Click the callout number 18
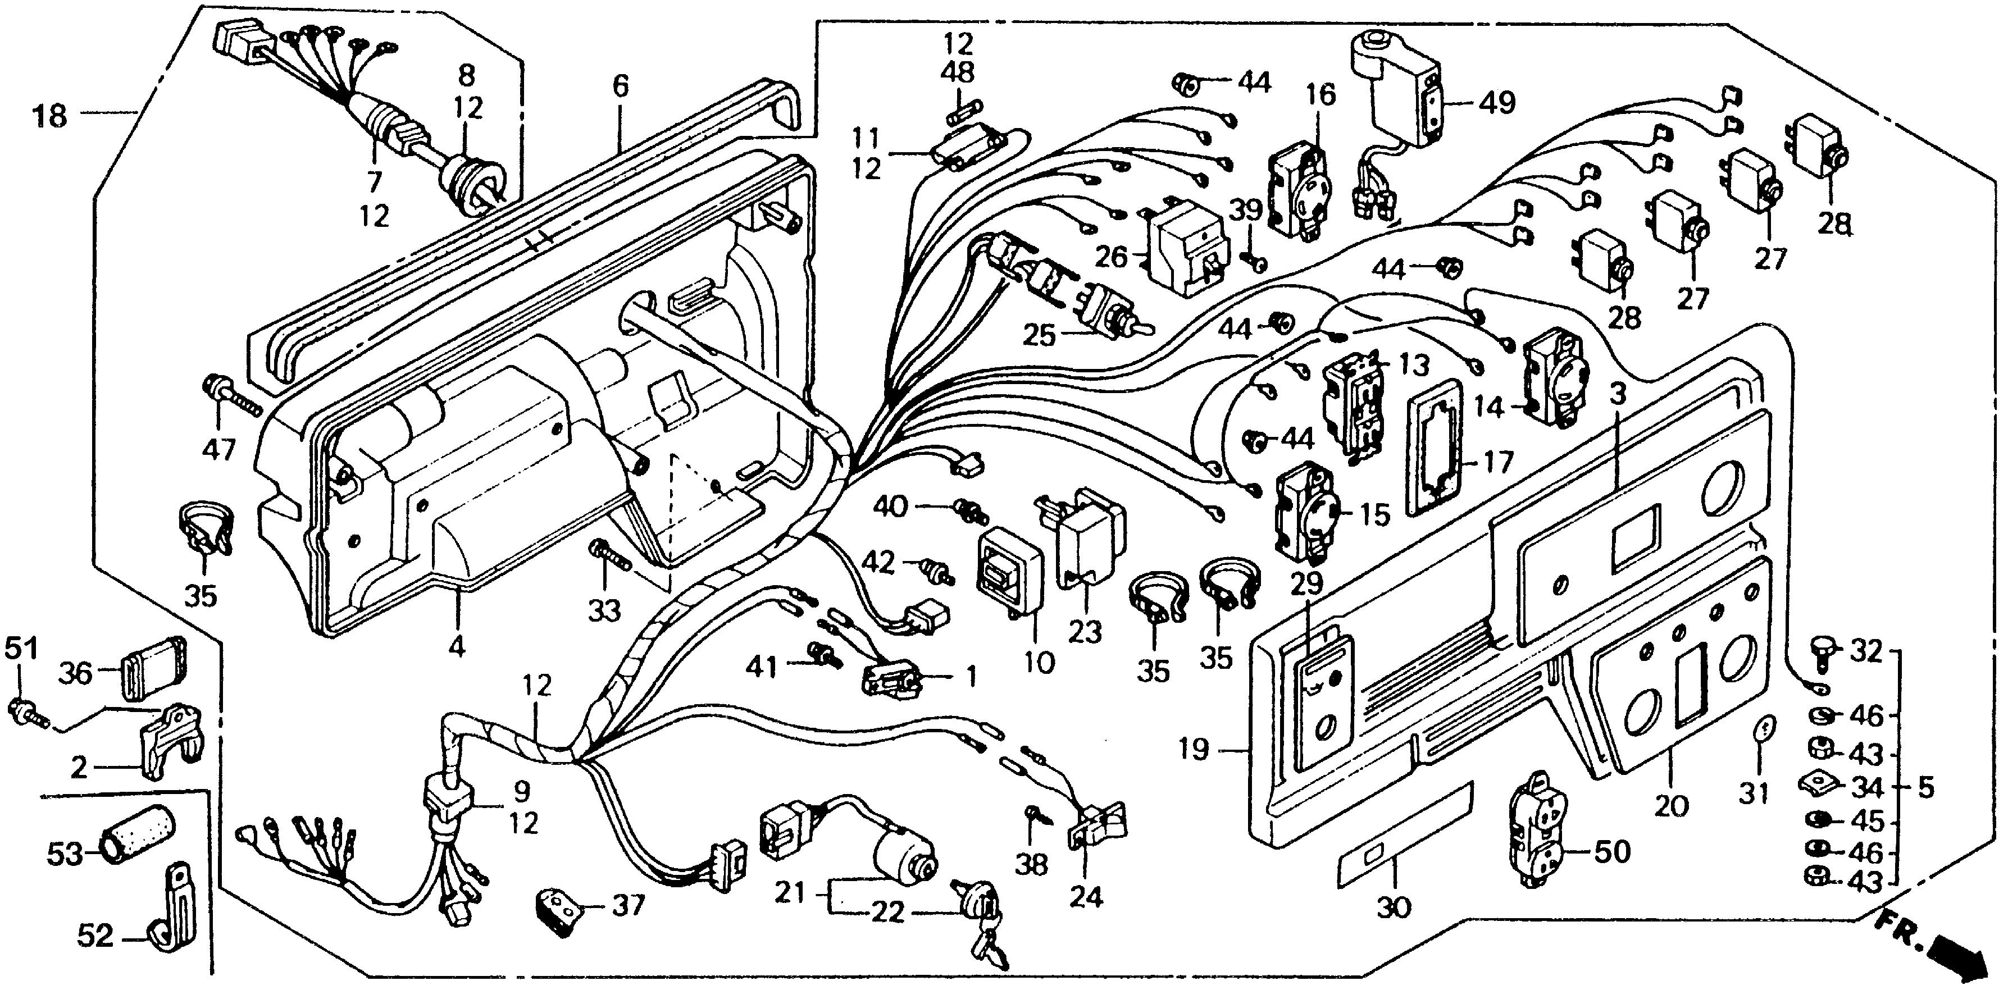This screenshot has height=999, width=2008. coord(50,118)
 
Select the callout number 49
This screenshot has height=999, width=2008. coord(1496,102)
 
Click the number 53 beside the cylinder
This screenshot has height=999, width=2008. coord(64,854)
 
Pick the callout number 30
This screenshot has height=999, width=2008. coord(1394,907)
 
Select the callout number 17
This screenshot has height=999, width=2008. coord(1495,462)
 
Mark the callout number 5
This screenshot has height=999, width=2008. coord(1925,788)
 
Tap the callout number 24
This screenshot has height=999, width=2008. coord(1086,898)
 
